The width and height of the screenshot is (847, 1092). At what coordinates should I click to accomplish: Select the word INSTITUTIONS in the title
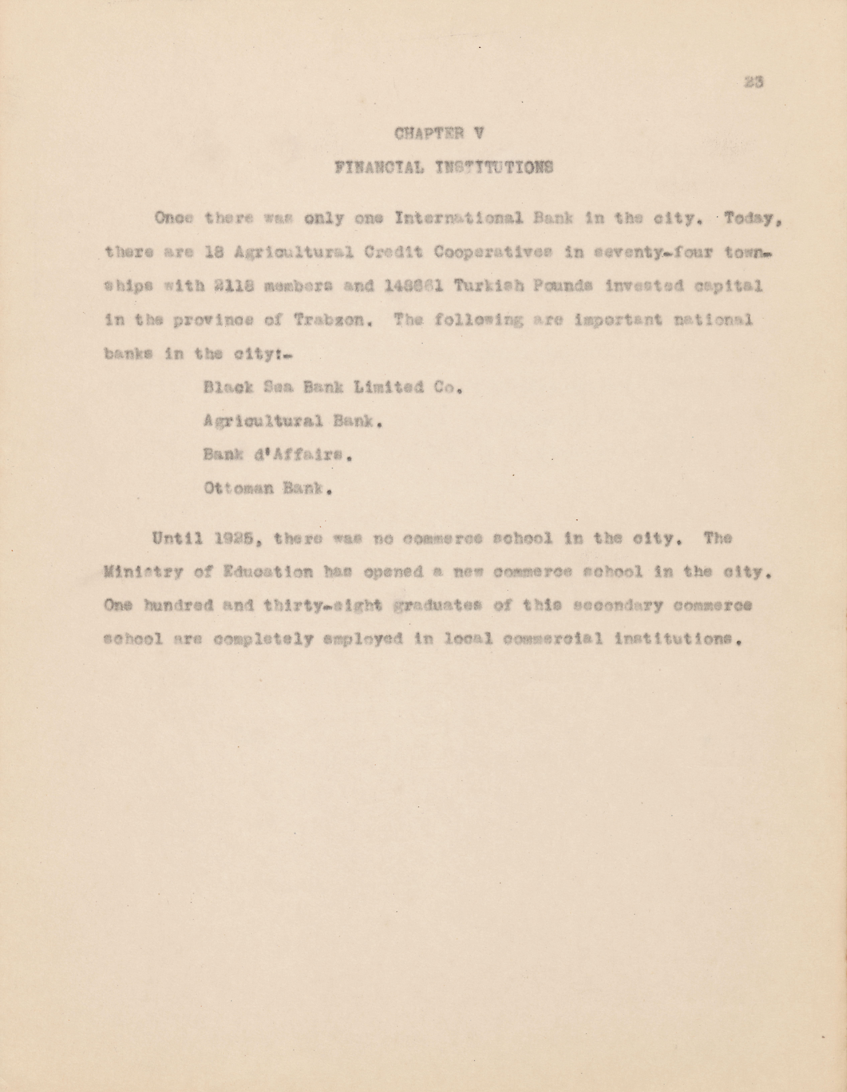pos(494,167)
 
